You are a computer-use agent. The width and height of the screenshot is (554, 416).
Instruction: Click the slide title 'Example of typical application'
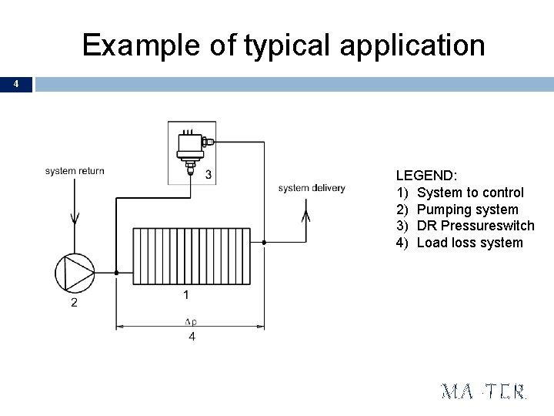click(283, 45)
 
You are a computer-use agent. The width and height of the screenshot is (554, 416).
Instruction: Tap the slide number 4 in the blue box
click(16, 84)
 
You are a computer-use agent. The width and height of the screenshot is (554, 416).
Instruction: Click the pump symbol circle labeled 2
click(75, 272)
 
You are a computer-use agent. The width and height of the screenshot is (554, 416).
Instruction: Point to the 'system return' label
click(75, 171)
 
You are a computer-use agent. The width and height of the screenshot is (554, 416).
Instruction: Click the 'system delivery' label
click(312, 188)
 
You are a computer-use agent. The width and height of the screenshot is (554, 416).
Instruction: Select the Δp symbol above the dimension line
click(190, 321)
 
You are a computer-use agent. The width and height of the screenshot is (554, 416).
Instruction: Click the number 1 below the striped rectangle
click(185, 295)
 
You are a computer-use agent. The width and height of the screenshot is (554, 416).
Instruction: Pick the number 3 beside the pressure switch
click(209, 175)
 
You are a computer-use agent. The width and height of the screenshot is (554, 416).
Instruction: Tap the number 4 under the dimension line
click(191, 337)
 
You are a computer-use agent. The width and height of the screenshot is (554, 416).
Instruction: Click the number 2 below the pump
click(74, 303)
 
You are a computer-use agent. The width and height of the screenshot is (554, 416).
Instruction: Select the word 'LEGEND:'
click(426, 176)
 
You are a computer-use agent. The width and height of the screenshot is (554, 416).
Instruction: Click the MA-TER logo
click(484, 391)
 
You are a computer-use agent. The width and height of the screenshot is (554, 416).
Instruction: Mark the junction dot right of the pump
click(116, 272)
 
